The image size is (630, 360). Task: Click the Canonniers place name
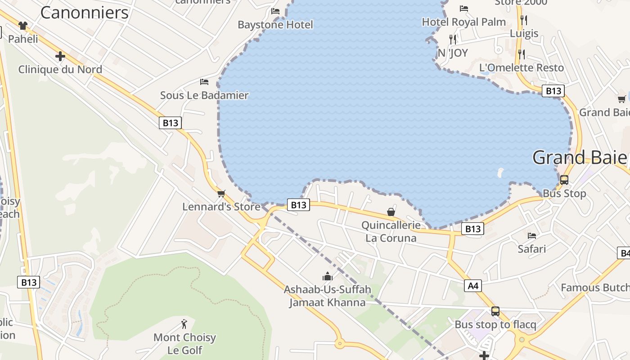(85, 13)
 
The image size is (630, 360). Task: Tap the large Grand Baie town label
(580, 157)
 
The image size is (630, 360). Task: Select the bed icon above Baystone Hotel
(275, 11)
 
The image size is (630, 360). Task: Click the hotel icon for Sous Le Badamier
(204, 81)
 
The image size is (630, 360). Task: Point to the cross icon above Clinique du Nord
(60, 56)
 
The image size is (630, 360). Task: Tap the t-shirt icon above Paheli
(23, 25)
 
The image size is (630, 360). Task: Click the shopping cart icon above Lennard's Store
(221, 193)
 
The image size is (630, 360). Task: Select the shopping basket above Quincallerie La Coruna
(391, 211)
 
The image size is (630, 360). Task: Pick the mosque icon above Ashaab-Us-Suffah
(327, 276)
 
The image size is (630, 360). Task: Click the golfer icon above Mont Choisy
(184, 324)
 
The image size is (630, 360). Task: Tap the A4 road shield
(473, 285)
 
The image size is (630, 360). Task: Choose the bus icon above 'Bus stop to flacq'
(495, 311)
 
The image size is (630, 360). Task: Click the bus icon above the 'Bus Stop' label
(564, 180)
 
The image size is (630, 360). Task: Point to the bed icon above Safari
(532, 235)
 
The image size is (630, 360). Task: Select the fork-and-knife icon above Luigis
(523, 20)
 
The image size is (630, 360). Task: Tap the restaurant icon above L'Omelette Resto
(521, 54)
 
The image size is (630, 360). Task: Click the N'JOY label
(453, 53)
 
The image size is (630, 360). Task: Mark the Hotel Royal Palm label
(463, 22)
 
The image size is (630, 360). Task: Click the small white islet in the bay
(501, 172)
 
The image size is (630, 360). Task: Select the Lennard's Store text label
(221, 207)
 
